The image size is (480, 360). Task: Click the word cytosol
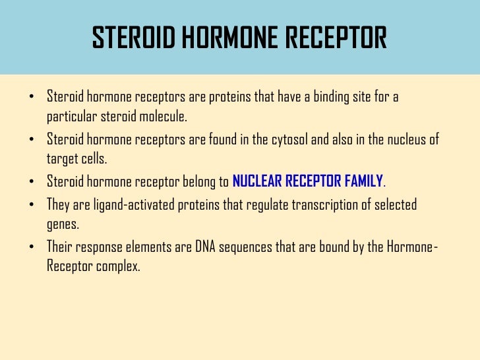(x=293, y=140)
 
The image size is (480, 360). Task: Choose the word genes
(x=63, y=224)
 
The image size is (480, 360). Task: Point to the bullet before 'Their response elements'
(x=32, y=247)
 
